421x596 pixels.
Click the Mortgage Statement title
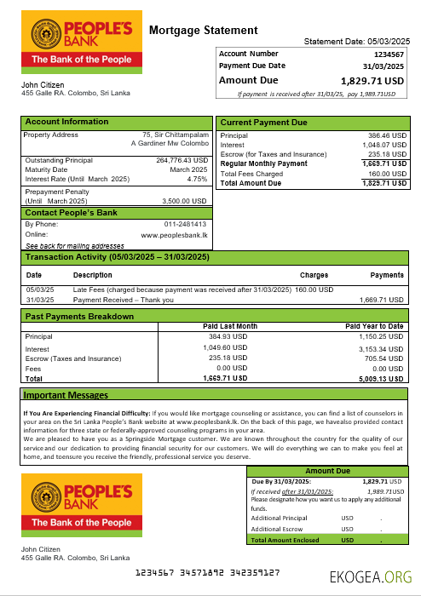click(203, 31)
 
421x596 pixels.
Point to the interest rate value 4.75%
click(197, 179)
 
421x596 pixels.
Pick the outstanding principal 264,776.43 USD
click(182, 160)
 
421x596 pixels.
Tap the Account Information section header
click(67, 122)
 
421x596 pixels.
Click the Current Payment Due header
click(264, 123)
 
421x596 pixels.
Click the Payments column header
click(387, 276)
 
